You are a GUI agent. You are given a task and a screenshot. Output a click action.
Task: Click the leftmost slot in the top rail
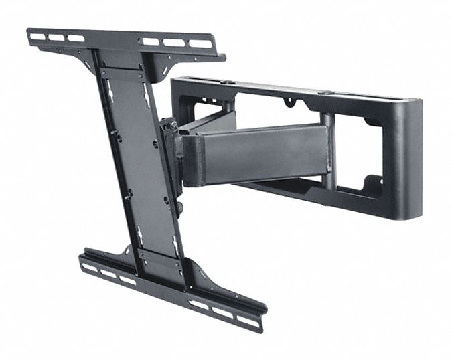click(38, 36)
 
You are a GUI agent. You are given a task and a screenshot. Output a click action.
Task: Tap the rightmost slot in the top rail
click(196, 44)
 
